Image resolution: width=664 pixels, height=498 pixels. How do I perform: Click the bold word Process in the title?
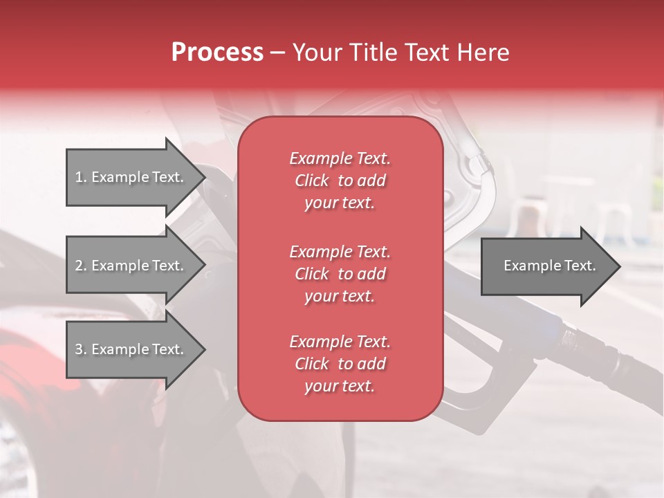coord(217,53)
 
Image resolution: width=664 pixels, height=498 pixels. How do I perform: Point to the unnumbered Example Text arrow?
coord(549,266)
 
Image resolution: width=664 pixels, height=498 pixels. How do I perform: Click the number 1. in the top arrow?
coord(80,177)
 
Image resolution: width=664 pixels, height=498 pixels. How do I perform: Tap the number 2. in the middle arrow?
coord(80,266)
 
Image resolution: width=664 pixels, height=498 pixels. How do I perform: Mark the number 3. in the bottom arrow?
coord(80,349)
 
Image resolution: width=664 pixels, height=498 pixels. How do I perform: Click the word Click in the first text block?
coord(311,181)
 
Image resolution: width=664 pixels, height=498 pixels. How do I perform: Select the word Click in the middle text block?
coord(311,274)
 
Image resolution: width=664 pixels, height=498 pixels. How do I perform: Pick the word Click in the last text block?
coord(311,364)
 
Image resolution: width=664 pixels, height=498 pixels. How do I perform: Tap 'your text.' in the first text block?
coord(340,203)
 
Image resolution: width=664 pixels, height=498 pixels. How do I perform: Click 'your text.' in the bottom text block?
coord(340,387)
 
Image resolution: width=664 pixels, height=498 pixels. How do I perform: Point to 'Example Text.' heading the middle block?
coord(340,251)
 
